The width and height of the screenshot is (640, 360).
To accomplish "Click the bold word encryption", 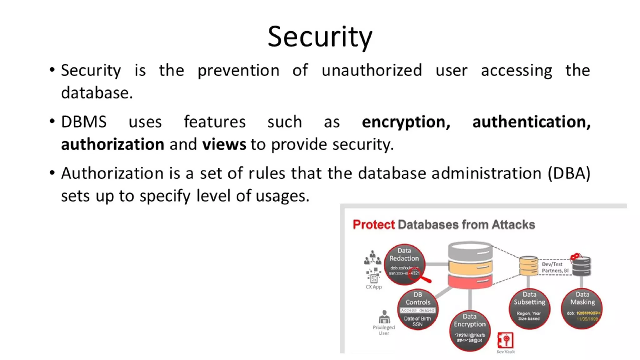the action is click(x=406, y=122).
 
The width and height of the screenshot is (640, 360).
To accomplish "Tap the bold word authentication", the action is click(x=531, y=122).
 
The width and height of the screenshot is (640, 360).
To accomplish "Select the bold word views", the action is click(x=224, y=144).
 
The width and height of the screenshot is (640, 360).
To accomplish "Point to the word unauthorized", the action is click(x=372, y=70).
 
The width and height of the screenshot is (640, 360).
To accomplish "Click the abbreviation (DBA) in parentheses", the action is click(x=569, y=173).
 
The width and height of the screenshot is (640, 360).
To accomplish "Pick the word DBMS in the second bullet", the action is click(x=84, y=122).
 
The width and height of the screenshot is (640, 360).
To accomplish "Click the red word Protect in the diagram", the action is click(x=374, y=225).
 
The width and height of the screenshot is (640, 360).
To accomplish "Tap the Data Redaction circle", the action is click(x=404, y=264).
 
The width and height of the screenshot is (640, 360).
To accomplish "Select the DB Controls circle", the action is click(x=418, y=309).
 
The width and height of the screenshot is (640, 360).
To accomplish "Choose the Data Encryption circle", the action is click(x=470, y=331).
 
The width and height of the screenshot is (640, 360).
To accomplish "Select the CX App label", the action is click(x=374, y=287).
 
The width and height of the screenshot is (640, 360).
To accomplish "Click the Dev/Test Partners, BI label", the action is click(x=555, y=267).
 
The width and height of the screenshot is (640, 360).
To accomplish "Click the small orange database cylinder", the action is click(x=528, y=266).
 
